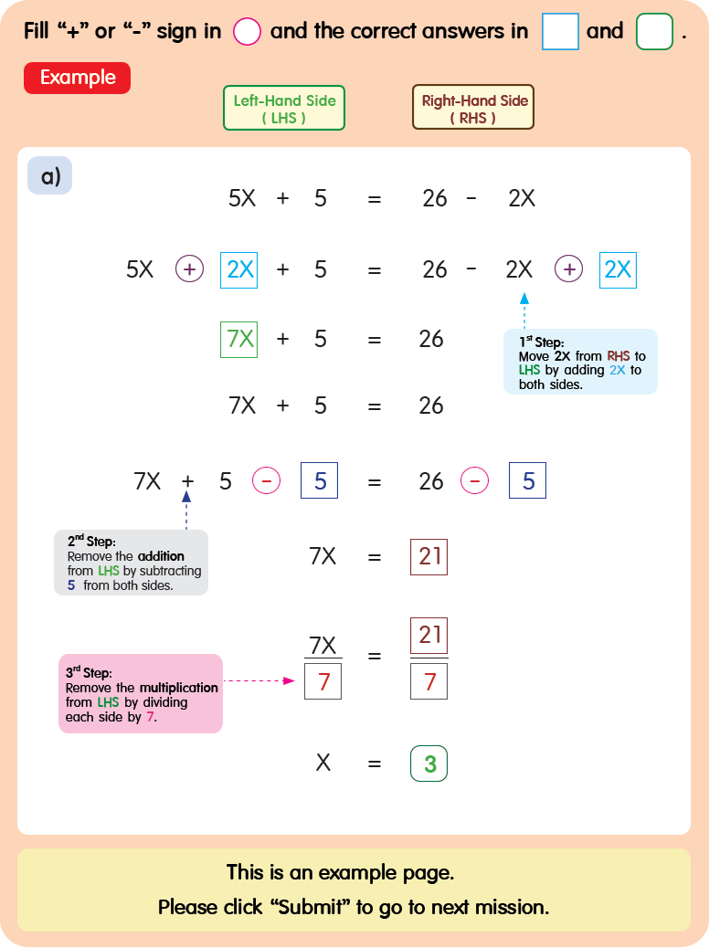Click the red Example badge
(77, 78)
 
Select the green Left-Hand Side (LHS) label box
(284, 109)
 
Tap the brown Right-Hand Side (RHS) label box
(473, 109)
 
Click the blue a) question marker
(49, 175)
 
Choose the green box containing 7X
(239, 339)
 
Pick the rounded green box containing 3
(429, 764)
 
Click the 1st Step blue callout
(580, 362)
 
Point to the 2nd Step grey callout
(131, 562)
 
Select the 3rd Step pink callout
(141, 693)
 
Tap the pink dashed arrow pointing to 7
(263, 680)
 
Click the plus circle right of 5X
(189, 269)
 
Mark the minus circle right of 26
(474, 481)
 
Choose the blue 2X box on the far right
(618, 269)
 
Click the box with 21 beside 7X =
(429, 556)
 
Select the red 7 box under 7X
(323, 681)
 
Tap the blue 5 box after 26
(527, 481)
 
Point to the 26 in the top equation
(435, 198)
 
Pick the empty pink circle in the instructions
(247, 32)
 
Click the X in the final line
(323, 764)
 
